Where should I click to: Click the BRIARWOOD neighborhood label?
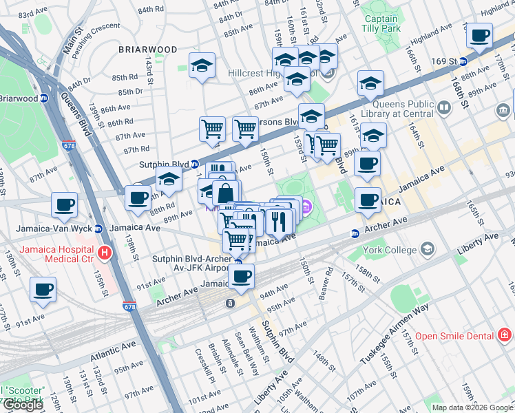coord(147,50)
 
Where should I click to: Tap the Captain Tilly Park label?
coord(381,24)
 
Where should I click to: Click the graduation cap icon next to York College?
coord(428,248)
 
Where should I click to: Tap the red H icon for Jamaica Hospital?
coord(105,253)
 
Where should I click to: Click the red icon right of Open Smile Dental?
coord(505,335)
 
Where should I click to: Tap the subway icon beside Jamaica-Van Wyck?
coord(98,229)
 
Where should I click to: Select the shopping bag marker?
coord(225,195)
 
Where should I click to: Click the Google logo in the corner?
coord(23,405)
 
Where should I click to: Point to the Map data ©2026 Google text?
coord(473,407)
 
